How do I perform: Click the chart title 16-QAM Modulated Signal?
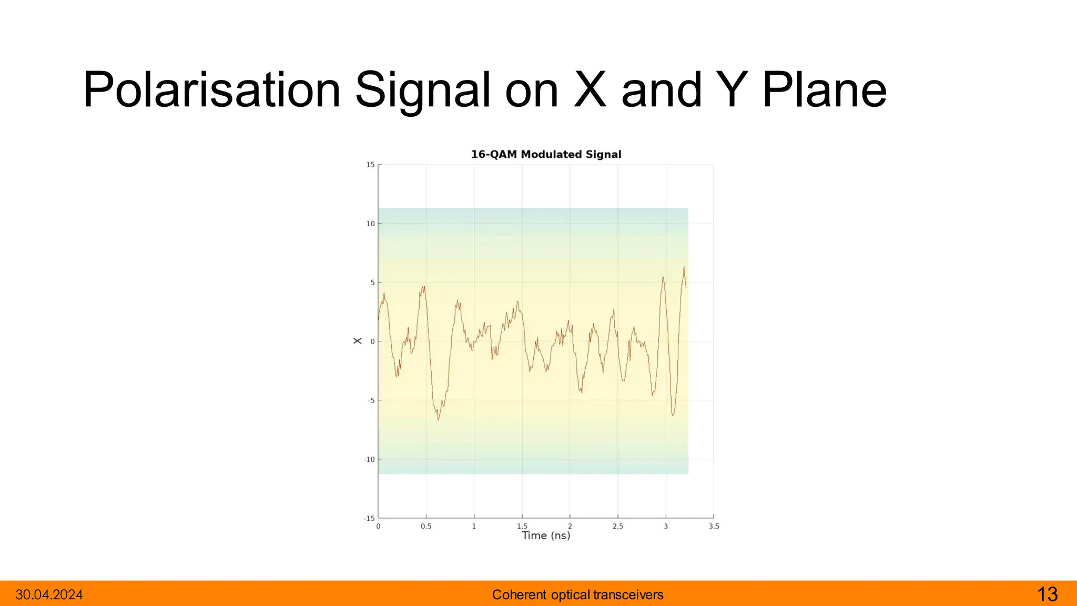point(546,155)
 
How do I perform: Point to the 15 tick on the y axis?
point(371,165)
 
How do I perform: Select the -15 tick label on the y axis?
point(369,519)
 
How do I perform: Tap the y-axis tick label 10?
point(371,224)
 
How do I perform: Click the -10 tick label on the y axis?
point(369,460)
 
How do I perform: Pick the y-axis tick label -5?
point(371,401)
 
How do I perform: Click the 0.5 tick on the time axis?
point(426,526)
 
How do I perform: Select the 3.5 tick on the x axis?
point(714,526)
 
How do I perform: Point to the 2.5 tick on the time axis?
point(618,526)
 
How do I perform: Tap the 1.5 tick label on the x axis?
point(522,526)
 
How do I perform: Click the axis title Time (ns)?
point(546,536)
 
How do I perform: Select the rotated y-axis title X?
point(358,341)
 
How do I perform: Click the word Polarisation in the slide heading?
point(212,90)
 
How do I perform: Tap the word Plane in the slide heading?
point(824,90)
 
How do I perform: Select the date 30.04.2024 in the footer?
point(49,595)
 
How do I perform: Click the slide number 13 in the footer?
point(1047,594)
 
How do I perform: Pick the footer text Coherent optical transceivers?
point(577,595)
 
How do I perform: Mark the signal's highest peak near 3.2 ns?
point(684,268)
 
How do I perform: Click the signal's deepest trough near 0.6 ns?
point(439,419)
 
